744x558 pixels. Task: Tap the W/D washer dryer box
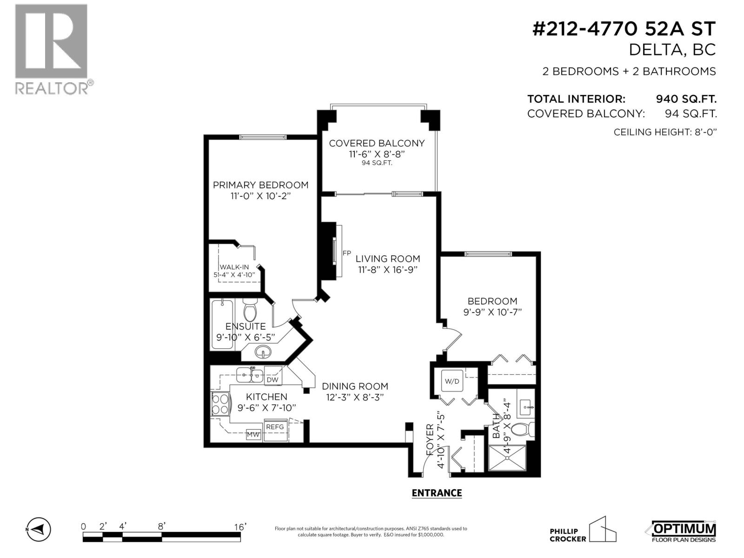click(452, 381)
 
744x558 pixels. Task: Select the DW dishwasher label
click(272, 379)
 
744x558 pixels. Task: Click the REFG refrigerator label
click(275, 427)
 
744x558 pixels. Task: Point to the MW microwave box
click(253, 435)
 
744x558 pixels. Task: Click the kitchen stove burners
click(220, 404)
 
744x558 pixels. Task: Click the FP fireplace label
click(346, 253)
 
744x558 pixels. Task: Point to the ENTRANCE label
click(437, 493)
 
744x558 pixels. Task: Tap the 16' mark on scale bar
click(240, 526)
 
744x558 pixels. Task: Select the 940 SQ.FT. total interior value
click(686, 99)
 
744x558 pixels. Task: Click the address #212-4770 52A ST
click(624, 29)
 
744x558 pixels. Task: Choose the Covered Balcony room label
click(377, 143)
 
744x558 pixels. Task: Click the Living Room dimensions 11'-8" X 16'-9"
click(388, 270)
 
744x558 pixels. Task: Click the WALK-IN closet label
click(234, 267)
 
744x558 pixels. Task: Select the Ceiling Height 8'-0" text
click(665, 132)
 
